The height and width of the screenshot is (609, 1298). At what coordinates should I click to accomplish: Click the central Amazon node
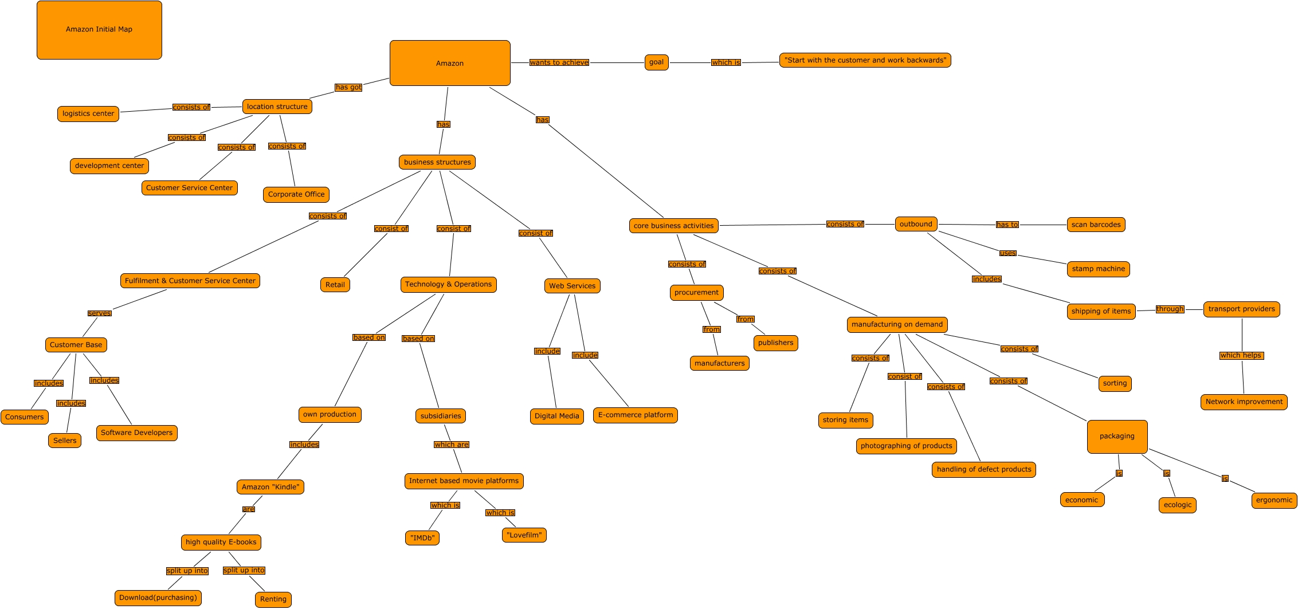pos(450,63)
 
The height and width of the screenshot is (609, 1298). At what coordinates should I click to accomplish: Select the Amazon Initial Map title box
pos(99,30)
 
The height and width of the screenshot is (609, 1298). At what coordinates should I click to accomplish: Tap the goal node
pos(656,62)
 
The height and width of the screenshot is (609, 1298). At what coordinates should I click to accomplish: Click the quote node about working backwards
pos(865,60)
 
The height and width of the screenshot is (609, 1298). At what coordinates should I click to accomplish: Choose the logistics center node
pos(88,113)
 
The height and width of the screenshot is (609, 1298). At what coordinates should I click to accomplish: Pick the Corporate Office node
pos(296,194)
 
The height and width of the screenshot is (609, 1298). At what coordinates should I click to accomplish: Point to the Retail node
pos(335,285)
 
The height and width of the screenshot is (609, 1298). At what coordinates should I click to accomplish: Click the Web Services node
pos(572,286)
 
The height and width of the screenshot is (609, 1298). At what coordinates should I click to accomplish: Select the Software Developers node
pos(136,433)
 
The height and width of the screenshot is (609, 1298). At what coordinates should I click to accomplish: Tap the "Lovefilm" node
pos(524,535)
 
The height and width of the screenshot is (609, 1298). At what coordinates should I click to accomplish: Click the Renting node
pos(273,599)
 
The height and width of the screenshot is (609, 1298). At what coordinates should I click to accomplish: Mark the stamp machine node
pos(1098,269)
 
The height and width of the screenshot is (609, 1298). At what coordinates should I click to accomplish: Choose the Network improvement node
pos(1244,402)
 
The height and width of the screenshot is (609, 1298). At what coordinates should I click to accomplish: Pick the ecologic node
pos(1177,505)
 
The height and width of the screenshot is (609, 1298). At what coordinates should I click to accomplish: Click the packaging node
pos(1117,436)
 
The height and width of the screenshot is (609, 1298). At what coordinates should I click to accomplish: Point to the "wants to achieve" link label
pos(559,62)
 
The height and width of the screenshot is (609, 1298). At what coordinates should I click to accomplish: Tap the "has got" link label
pos(348,87)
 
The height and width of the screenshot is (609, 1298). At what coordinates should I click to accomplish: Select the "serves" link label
pos(100,313)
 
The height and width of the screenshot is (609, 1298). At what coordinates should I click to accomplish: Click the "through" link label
pos(1170,309)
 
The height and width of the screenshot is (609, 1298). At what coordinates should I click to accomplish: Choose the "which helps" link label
pos(1241,355)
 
